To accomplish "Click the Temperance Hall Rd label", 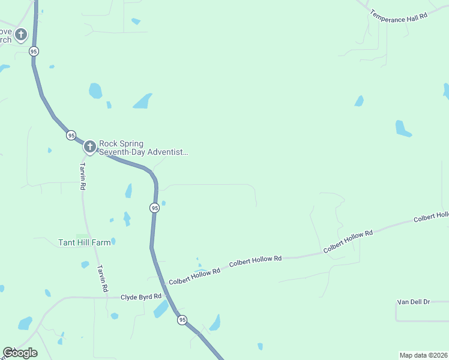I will (x=399, y=16).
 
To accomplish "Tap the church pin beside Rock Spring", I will (x=89, y=146).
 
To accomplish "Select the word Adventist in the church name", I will (x=168, y=152).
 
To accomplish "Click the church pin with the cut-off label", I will (x=21, y=35).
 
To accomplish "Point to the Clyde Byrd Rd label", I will (x=141, y=296).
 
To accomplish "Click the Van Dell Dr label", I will (x=414, y=301).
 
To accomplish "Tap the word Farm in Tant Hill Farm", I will (x=101, y=242).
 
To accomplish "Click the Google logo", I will (x=20, y=352).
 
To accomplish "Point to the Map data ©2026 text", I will (x=423, y=355).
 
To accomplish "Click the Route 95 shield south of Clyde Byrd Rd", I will (x=182, y=320).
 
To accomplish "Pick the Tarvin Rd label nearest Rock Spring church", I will (x=83, y=176).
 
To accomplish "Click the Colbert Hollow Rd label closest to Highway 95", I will (x=194, y=277).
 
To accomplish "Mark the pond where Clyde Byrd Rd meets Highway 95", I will (x=161, y=309).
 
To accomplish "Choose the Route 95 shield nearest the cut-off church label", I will (x=34, y=52).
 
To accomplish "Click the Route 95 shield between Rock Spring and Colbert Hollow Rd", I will (x=154, y=208).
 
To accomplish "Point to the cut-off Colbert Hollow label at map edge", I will (x=431, y=217).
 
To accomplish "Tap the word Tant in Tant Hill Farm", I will (x=65, y=242).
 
